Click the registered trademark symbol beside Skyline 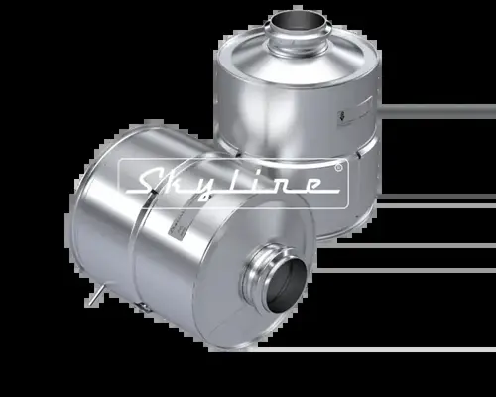[x=338, y=169]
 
